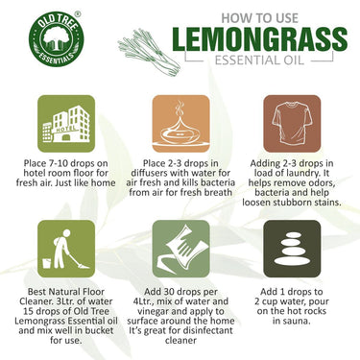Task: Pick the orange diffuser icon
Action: click(180, 124)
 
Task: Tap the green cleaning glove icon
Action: click(180, 249)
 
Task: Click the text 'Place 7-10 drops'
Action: click(60, 164)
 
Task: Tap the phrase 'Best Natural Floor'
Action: click(60, 289)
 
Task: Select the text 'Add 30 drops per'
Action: click(179, 289)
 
